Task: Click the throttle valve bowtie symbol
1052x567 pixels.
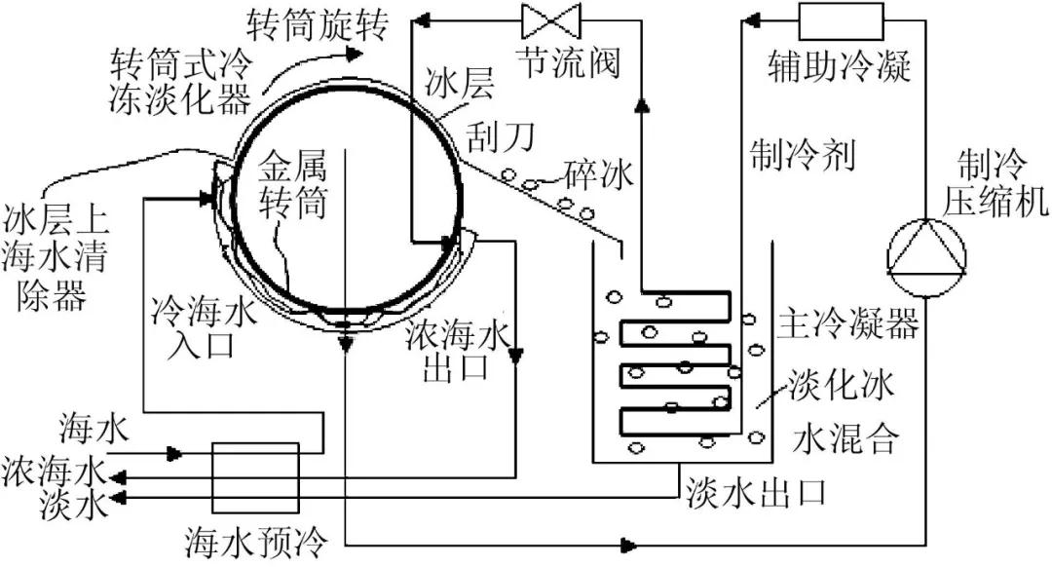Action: point(550,20)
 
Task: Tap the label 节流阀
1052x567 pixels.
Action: point(568,62)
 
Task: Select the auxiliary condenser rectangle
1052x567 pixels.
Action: point(841,21)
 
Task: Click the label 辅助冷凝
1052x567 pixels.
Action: point(840,65)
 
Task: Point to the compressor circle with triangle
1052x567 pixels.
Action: point(926,257)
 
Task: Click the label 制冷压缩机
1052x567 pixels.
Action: point(996,182)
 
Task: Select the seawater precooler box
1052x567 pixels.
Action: point(255,477)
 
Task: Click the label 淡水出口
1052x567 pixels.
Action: point(756,494)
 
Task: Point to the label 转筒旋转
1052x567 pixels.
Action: point(318,24)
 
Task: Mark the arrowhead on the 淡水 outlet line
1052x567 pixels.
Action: point(118,498)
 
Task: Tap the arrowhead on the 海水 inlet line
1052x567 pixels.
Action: point(175,454)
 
